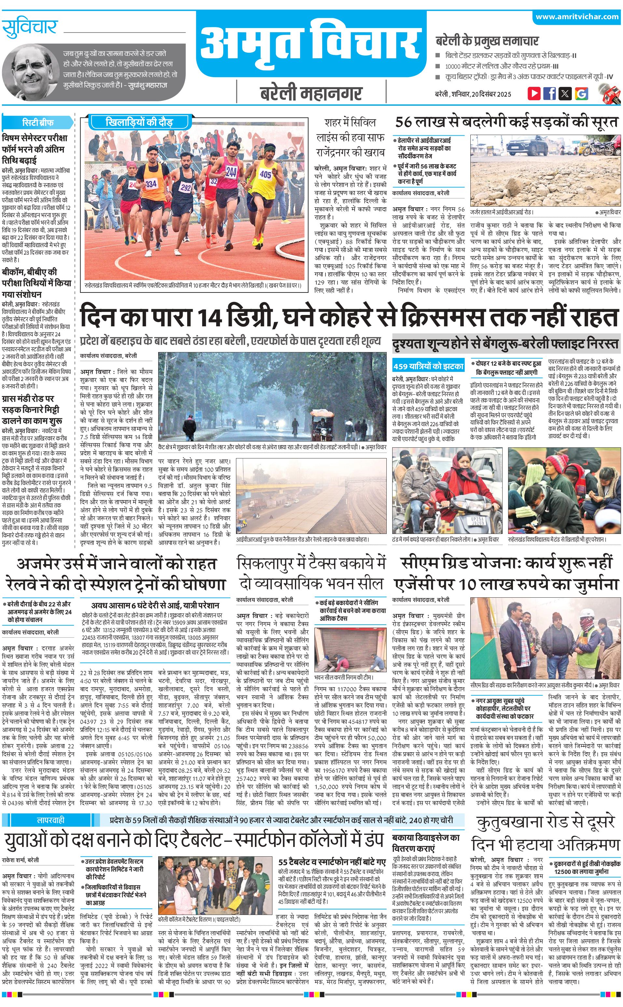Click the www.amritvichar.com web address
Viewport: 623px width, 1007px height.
pyautogui.click(x=577, y=17)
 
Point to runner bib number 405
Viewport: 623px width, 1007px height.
pyautogui.click(x=265, y=175)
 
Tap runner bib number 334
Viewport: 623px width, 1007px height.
pyautogui.click(x=151, y=184)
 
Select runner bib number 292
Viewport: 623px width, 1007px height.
pyautogui.click(x=186, y=188)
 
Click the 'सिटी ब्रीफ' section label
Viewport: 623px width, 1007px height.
pyautogui.click(x=37, y=122)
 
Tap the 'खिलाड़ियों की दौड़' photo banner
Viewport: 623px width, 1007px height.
pyautogui.click(x=139, y=122)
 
